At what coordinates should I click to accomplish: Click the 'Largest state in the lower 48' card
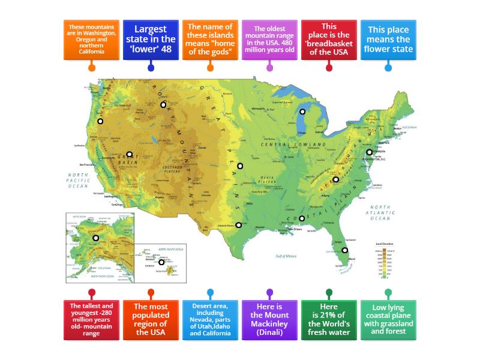pyautogui.click(x=151, y=39)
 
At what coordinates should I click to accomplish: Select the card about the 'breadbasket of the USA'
pyautogui.click(x=329, y=39)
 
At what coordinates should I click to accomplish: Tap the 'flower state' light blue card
pyautogui.click(x=388, y=39)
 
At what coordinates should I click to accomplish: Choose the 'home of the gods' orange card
pyautogui.click(x=210, y=39)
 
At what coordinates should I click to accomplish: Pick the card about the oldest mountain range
pyautogui.click(x=269, y=39)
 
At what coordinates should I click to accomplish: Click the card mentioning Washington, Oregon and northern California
pyautogui.click(x=92, y=39)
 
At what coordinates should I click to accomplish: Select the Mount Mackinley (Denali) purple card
pyautogui.click(x=269, y=319)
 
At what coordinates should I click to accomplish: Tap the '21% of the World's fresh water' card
pyautogui.click(x=329, y=319)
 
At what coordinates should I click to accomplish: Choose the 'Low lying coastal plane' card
pyautogui.click(x=388, y=319)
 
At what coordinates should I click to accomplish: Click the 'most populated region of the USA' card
pyautogui.click(x=151, y=319)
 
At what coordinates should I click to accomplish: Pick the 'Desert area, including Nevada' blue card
pyautogui.click(x=210, y=319)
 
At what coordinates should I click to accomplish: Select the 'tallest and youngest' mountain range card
pyautogui.click(x=92, y=319)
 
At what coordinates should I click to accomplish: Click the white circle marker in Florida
pyautogui.click(x=345, y=250)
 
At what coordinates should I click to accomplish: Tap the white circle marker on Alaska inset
pyautogui.click(x=95, y=238)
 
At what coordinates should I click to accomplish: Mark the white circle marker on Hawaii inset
pyautogui.click(x=161, y=262)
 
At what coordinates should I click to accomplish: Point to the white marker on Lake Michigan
pyautogui.click(x=302, y=112)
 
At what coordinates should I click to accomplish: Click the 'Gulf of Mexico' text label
pyautogui.click(x=286, y=256)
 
